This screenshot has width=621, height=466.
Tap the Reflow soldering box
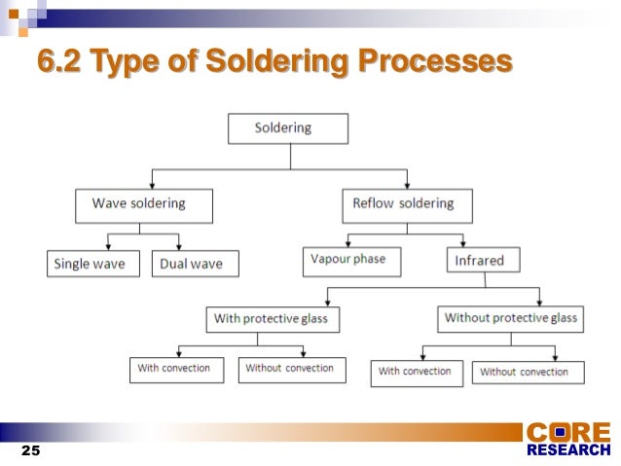point(407,205)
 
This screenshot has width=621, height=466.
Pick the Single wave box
point(94,264)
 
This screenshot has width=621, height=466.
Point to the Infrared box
point(483,260)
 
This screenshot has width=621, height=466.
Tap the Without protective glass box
point(510,319)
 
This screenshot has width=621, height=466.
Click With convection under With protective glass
point(176,370)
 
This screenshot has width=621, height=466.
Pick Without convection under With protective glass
point(289,370)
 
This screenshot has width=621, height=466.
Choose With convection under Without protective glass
point(416,373)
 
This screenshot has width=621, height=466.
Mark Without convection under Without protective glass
point(528,373)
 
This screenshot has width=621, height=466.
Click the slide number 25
point(30,451)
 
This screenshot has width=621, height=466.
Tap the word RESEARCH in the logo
point(568,450)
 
